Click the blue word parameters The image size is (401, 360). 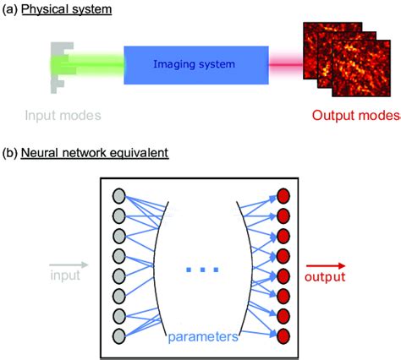(201, 335)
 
